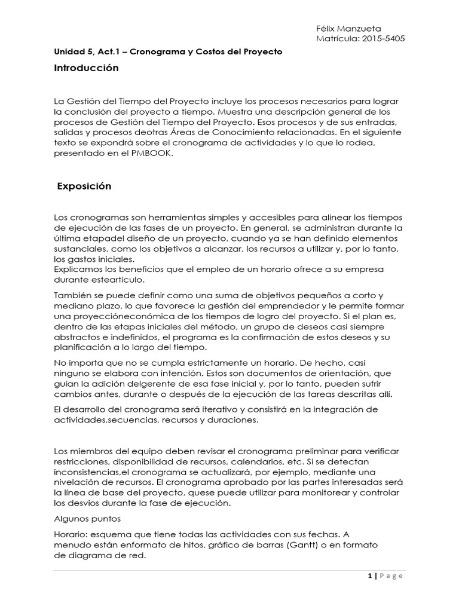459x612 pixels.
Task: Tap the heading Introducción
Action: click(86, 68)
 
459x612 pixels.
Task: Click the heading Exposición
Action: click(84, 186)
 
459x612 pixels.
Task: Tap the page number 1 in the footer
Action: click(370, 576)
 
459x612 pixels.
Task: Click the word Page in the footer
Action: click(391, 576)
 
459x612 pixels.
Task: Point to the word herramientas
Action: click(161, 216)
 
